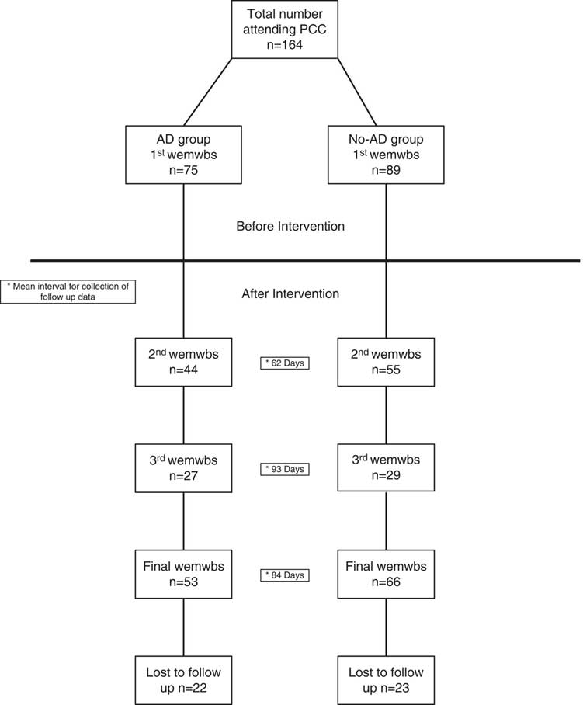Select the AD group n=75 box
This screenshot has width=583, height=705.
pos(183,155)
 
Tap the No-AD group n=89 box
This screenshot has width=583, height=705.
pos(386,155)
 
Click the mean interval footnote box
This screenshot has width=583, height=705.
pos(68,291)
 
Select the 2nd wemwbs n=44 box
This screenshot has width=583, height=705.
pos(183,362)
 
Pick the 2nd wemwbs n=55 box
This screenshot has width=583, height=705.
pos(386,362)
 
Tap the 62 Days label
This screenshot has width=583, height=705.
pos(284,363)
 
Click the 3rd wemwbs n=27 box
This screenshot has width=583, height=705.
pos(183,467)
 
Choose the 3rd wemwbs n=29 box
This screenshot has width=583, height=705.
pos(386,467)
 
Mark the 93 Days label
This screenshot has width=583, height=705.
pos(284,469)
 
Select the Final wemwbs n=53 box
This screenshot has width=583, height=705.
pos(183,574)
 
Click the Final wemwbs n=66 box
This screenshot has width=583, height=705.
pos(386,574)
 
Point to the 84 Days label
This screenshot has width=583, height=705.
pos(284,575)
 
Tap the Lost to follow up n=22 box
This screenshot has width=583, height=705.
pos(183,679)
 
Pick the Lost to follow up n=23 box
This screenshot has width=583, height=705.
pos(386,679)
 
